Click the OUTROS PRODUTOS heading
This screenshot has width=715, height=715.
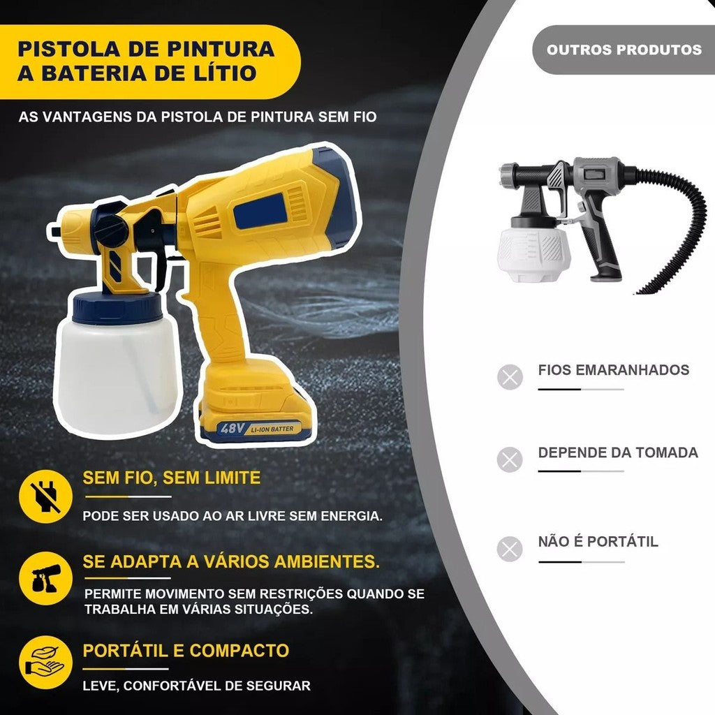[624, 50]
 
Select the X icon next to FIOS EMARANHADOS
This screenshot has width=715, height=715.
[510, 377]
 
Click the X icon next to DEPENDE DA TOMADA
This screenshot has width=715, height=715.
[510, 459]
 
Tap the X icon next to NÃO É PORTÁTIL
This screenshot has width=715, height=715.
[510, 549]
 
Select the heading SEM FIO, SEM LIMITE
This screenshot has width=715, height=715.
[172, 478]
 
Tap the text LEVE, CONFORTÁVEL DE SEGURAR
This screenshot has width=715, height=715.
[196, 686]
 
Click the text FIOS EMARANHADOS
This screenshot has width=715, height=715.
[613, 370]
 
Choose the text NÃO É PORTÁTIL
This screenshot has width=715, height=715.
[598, 542]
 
